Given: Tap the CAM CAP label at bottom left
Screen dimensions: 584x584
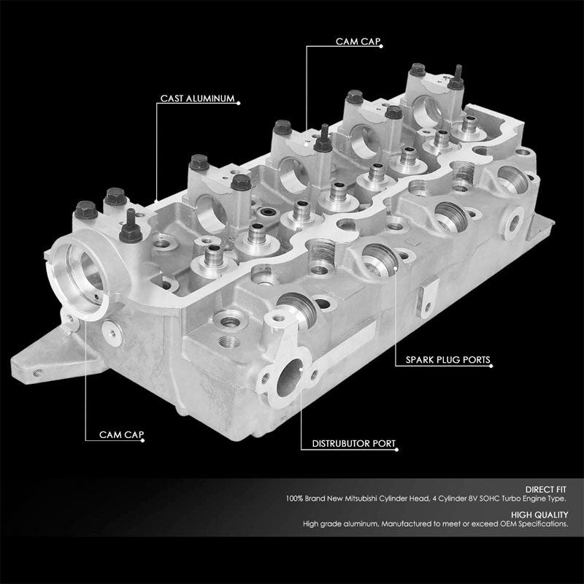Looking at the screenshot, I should click(121, 435).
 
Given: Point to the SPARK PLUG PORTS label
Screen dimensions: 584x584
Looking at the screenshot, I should click(448, 360).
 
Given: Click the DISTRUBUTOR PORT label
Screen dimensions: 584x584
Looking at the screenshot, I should click(353, 442).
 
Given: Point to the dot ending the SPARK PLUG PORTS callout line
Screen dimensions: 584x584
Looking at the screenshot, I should click(395, 269).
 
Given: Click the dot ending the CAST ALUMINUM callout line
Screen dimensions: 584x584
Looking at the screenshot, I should click(158, 198).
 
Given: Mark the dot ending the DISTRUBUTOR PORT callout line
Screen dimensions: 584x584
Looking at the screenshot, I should click(300, 387).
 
